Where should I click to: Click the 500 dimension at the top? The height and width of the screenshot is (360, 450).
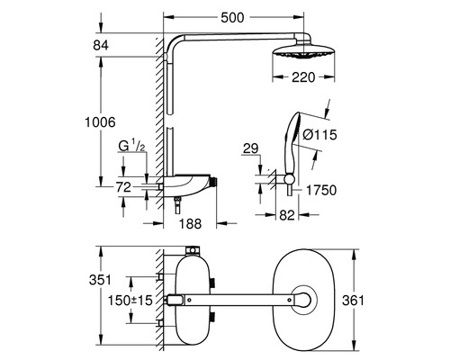(x=232, y=18)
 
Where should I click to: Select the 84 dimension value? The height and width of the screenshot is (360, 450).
(x=101, y=45)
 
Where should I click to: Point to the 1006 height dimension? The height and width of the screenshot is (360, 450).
(x=100, y=122)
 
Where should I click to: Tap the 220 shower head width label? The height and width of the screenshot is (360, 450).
(x=303, y=77)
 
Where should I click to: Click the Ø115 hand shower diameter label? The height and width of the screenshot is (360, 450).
(x=319, y=134)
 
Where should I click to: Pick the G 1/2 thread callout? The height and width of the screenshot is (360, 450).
(x=132, y=147)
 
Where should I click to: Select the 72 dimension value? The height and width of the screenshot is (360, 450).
(x=123, y=187)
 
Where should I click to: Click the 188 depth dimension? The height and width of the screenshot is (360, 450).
(x=190, y=223)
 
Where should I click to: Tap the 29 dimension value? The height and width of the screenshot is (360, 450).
(x=250, y=148)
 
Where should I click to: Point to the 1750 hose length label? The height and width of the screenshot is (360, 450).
(x=321, y=190)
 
